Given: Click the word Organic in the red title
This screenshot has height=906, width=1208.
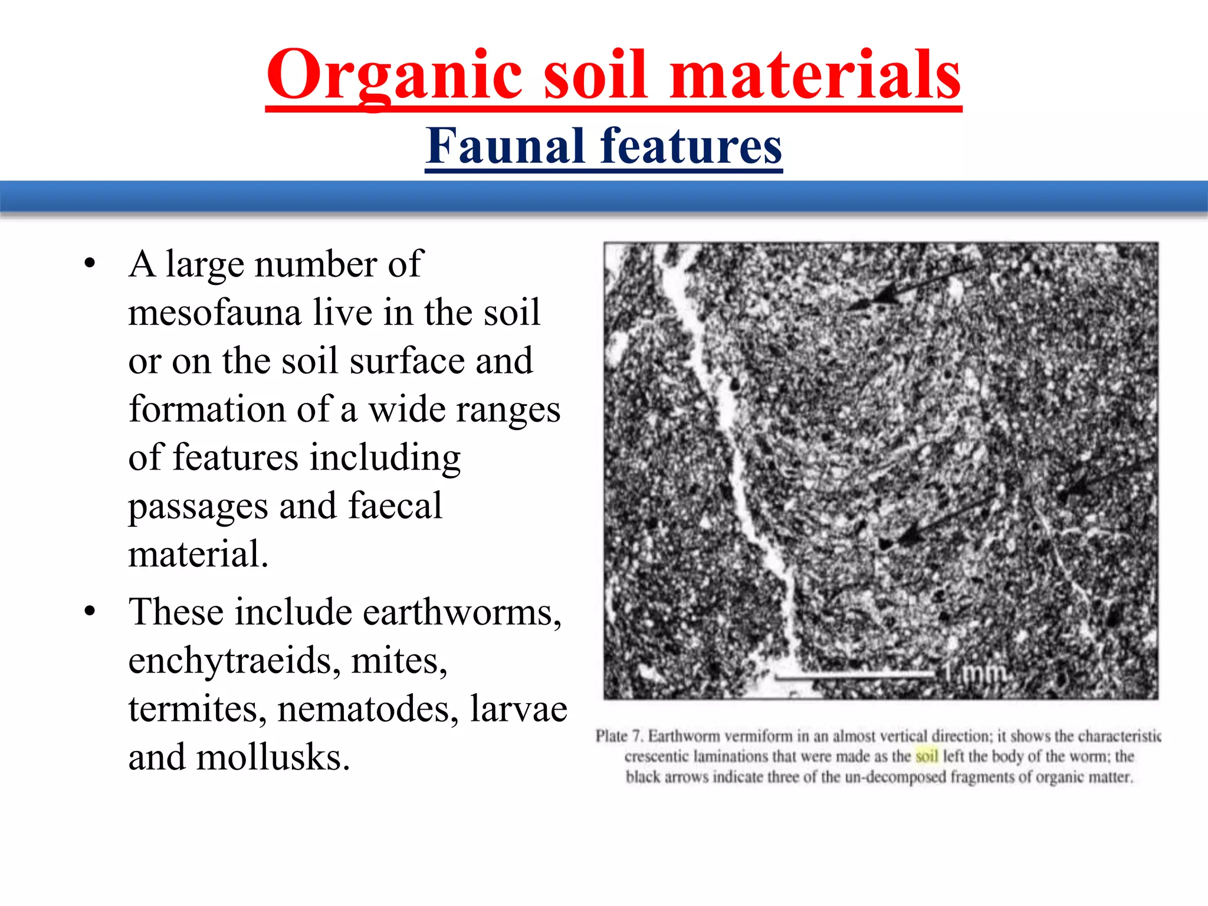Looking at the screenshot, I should (394, 75).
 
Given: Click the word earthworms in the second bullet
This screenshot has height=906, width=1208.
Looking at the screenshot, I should (461, 612).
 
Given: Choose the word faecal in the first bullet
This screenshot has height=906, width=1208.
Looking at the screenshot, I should (395, 506).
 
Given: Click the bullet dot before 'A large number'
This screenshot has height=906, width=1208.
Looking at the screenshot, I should (90, 264).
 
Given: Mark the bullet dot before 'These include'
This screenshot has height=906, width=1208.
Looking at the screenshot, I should (90, 612).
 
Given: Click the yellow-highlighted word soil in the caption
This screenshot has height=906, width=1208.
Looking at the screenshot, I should (927, 756).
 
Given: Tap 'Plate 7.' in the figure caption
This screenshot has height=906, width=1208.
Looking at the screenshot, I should (619, 736).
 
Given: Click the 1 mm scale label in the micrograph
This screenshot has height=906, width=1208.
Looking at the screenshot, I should (973, 672).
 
